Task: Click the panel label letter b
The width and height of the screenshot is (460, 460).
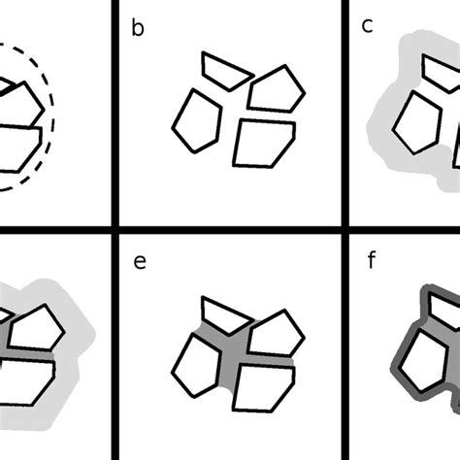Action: coord(138,27)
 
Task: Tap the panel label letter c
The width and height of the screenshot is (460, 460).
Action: coord(368,27)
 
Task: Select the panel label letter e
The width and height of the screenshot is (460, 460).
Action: coord(139,261)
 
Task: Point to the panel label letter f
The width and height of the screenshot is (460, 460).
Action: coord(368,261)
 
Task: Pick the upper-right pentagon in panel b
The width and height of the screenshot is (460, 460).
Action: coord(278,88)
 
